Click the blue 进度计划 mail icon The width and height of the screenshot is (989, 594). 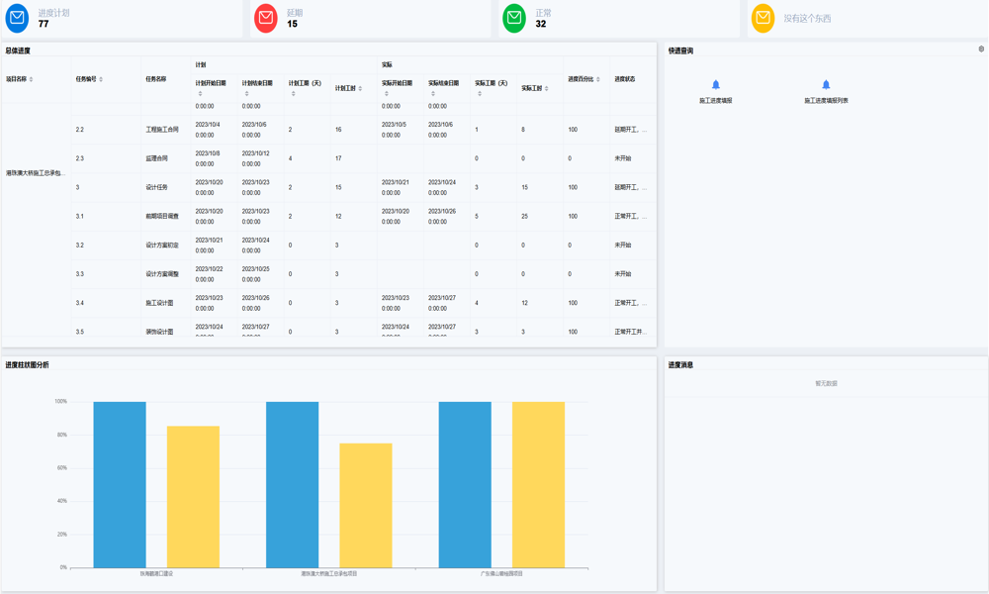[x=17, y=18]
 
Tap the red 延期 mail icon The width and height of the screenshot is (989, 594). [x=265, y=18]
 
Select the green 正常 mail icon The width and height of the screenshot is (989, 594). [x=514, y=18]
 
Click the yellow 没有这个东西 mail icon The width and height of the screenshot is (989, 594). [x=763, y=18]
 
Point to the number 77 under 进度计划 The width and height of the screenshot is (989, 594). [x=44, y=24]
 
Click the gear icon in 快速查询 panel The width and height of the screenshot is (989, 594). [x=981, y=49]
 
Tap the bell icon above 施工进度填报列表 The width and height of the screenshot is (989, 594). [x=826, y=85]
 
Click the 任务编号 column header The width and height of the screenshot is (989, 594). [x=86, y=79]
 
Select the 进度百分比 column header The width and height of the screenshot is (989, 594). [x=581, y=79]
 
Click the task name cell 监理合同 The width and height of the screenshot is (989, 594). [x=156, y=158]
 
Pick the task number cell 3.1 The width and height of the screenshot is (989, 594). [x=80, y=216]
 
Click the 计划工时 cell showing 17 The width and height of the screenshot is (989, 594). [x=338, y=158]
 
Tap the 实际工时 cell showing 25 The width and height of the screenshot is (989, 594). [x=524, y=216]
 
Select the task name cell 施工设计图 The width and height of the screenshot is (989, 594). [x=159, y=303]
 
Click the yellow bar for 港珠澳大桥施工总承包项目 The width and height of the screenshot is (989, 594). [x=366, y=505]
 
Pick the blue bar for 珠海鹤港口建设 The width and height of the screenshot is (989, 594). [x=120, y=485]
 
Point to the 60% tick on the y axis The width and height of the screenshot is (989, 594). [x=61, y=468]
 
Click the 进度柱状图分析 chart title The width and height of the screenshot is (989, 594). [x=27, y=365]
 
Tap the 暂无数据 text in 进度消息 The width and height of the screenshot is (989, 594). [x=826, y=383]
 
